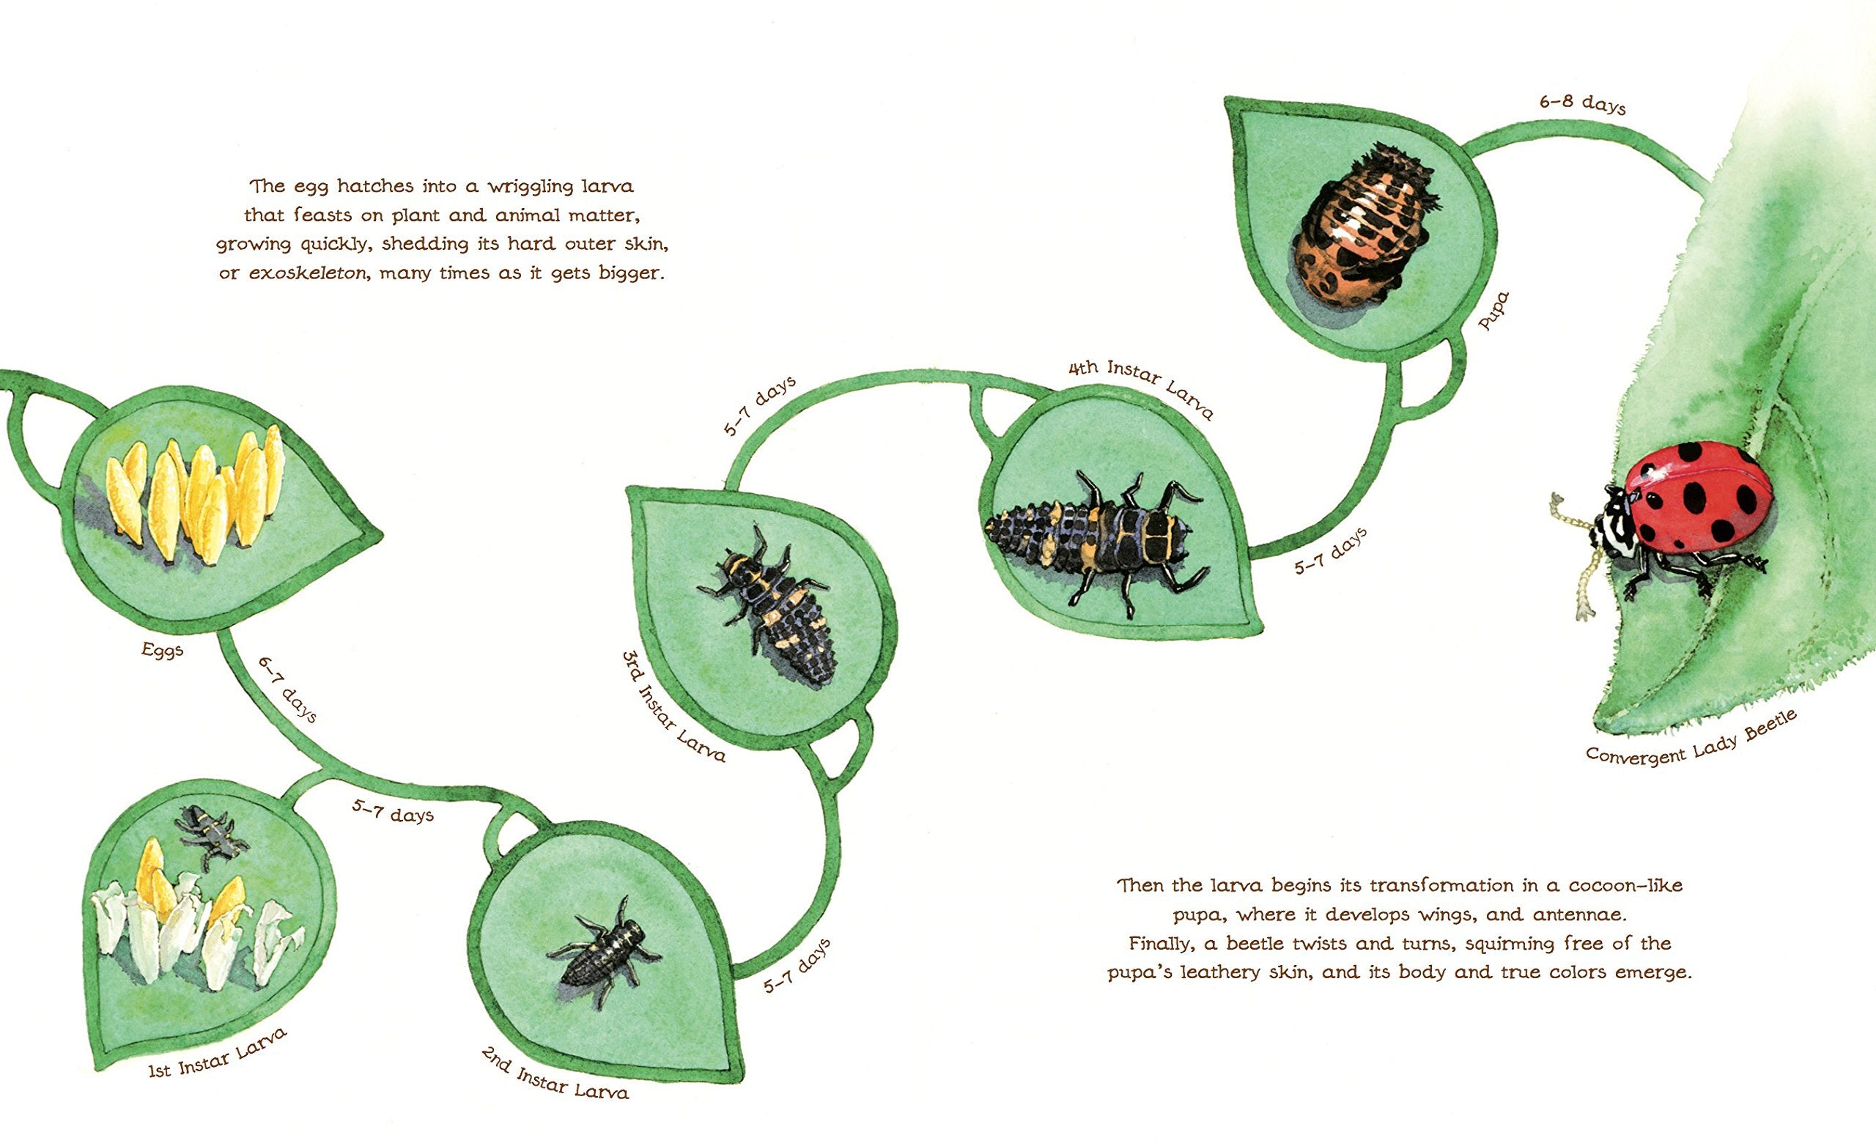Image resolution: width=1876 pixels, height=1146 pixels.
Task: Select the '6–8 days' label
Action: pos(1582,104)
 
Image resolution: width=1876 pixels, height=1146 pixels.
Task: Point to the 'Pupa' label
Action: pos(1493,311)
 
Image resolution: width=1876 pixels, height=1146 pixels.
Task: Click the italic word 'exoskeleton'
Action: pos(308,273)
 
